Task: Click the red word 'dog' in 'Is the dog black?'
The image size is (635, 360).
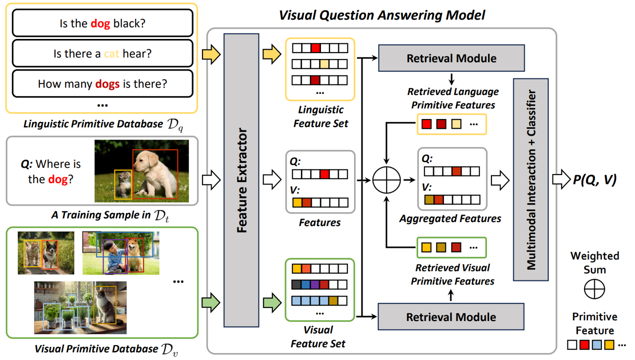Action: pos(100,23)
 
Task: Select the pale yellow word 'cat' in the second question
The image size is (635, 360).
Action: pos(111,53)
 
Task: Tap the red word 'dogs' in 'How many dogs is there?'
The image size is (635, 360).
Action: pos(107,83)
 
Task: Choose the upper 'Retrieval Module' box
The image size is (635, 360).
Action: pos(451,58)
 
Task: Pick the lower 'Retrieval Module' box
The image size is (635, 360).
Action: pos(451,316)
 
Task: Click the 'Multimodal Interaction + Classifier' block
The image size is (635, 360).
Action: pos(530,180)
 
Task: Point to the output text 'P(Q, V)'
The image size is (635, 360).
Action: pos(594,179)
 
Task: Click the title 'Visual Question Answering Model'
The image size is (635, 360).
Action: pos(381,15)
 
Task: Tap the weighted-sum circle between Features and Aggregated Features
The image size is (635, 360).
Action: pos(386,179)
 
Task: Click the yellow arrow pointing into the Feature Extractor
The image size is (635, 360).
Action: pos(211,54)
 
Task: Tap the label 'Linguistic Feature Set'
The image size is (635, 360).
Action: pos(320,116)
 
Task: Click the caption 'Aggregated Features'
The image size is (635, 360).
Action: pos(450,218)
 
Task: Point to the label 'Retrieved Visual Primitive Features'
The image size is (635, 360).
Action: pos(452,274)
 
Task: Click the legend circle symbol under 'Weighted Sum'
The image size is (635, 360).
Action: pos(594,288)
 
